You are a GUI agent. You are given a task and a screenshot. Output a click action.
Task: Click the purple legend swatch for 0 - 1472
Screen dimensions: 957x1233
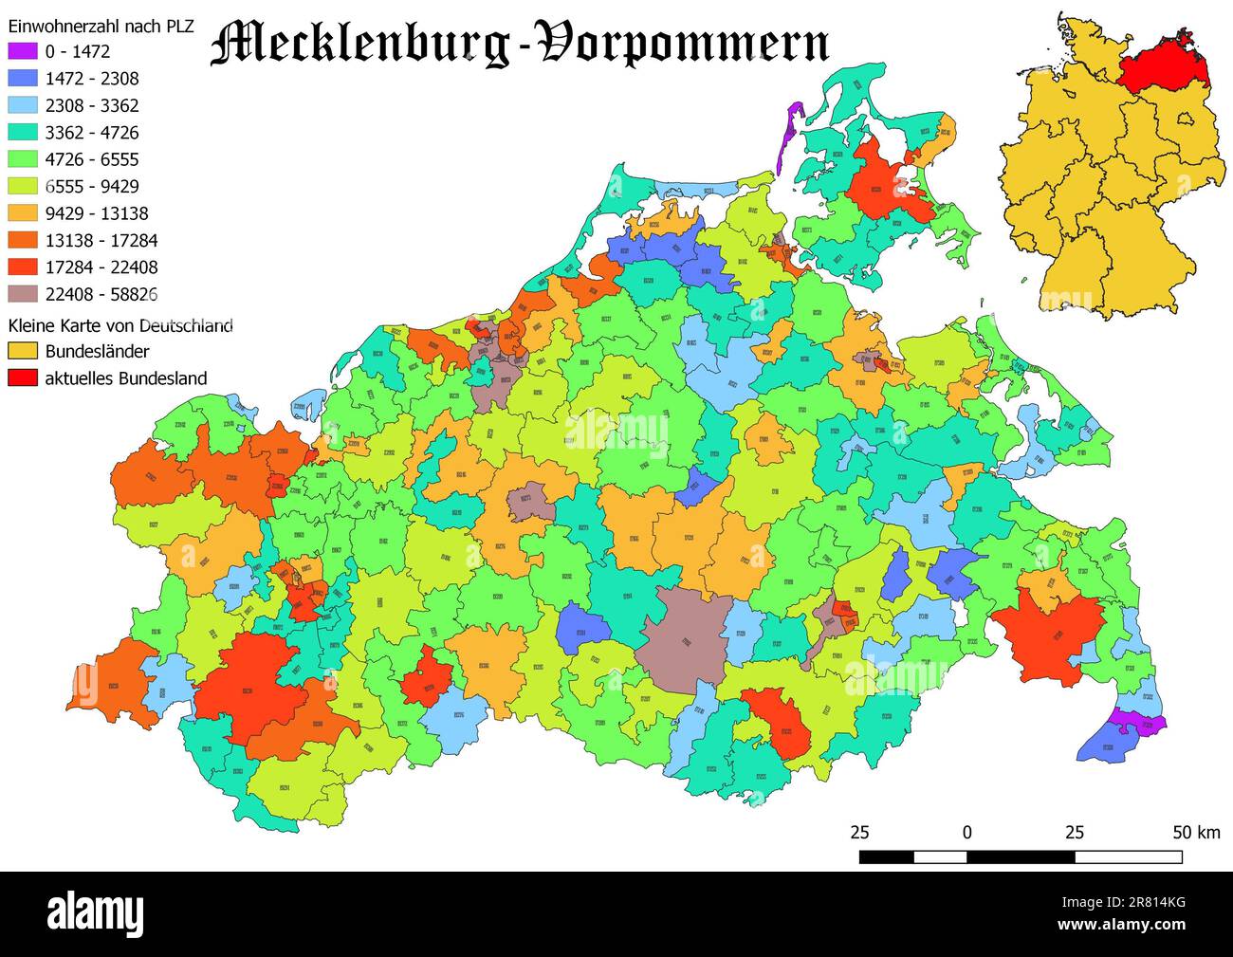pos(23,51)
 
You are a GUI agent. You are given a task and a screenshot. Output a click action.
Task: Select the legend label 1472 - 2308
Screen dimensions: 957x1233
pos(92,79)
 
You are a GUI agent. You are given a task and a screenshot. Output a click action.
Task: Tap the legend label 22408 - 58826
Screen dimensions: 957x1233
pos(101,294)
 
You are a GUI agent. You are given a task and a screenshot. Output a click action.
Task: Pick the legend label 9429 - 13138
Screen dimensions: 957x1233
pos(97,213)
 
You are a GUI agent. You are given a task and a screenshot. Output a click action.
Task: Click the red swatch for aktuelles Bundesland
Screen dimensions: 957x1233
pos(23,377)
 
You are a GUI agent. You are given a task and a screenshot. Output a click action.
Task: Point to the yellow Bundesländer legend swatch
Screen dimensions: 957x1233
pos(23,351)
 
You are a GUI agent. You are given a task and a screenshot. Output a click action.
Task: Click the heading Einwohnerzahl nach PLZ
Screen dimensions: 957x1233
pos(101,26)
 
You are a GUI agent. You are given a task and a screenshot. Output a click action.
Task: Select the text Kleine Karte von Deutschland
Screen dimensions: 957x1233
pos(120,325)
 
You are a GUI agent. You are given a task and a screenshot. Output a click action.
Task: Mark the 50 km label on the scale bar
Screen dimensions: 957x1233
pos(1196,833)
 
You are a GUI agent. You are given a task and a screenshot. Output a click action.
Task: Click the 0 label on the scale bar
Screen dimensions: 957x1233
pos(966,833)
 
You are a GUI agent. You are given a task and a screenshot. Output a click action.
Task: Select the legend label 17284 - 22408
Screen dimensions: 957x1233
pos(101,267)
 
